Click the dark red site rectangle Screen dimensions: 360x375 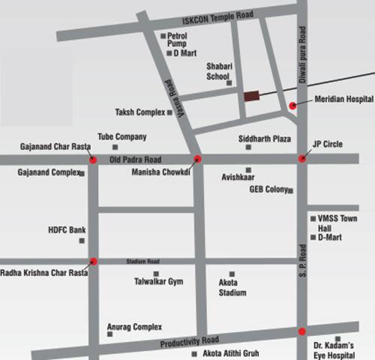[x=250, y=96]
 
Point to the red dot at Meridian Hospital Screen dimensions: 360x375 [x=292, y=106]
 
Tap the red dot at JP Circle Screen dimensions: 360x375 [x=302, y=158]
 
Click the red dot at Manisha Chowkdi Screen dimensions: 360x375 [x=198, y=158]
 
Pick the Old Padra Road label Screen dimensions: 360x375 [x=135, y=159]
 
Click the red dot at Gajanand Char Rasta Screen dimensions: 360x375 [x=92, y=159]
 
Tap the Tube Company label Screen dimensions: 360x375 [x=122, y=137]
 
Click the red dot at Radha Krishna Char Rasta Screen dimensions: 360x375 [x=94, y=261]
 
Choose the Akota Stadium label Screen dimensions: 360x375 [x=232, y=288]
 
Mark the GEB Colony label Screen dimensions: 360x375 [x=268, y=190]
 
